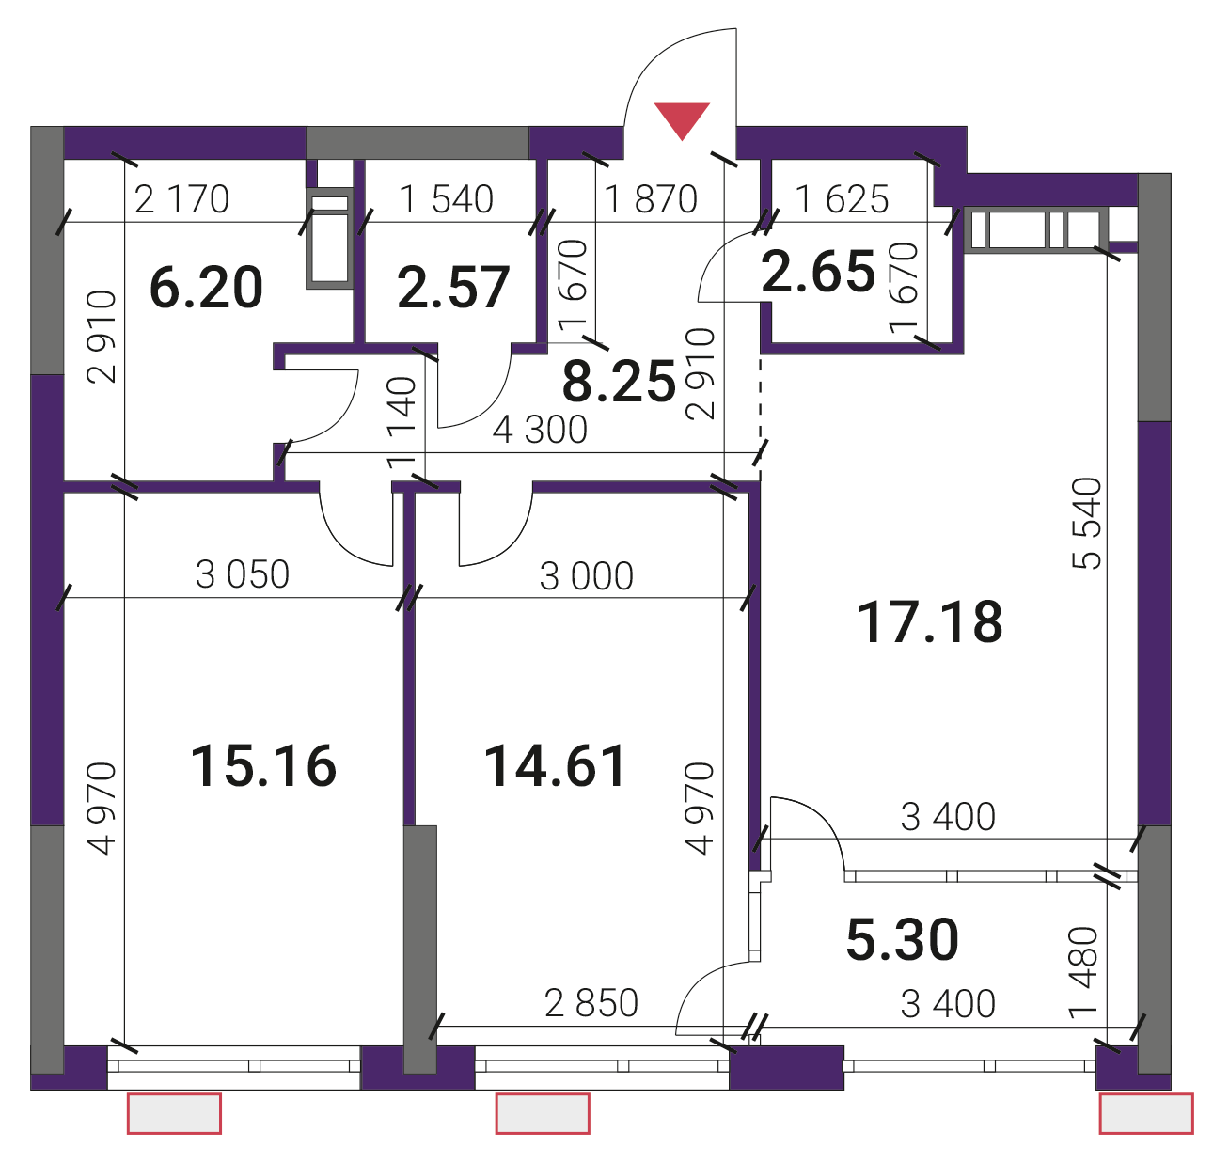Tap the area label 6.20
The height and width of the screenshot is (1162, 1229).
[206, 288]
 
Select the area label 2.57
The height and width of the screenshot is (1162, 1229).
[453, 288]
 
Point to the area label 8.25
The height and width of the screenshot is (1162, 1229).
[619, 382]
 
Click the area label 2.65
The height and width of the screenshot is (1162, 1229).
[818, 272]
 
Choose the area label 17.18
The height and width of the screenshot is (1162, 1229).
[930, 621]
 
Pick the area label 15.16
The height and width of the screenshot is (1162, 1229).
[263, 765]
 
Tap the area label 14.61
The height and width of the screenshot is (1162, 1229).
[554, 765]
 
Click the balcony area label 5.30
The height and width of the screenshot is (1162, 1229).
[902, 939]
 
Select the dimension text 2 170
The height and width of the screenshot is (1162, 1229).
[181, 199]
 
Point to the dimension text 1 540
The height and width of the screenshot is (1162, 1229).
[447, 199]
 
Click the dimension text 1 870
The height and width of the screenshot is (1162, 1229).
[651, 199]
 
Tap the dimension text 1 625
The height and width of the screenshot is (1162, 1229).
[842, 199]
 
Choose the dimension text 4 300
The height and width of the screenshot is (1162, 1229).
[540, 430]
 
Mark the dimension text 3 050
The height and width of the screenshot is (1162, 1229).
[243, 574]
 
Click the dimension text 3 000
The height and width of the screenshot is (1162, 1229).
[587, 575]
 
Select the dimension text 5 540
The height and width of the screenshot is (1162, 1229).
[1086, 523]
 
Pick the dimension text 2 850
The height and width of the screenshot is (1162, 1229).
[591, 1003]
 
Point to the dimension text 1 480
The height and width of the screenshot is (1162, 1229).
[1083, 973]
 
